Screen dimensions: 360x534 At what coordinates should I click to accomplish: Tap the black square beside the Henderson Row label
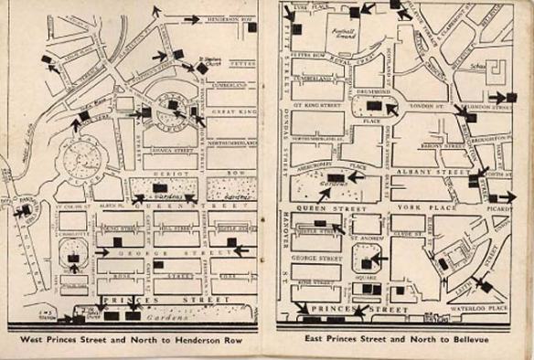coord(251,28)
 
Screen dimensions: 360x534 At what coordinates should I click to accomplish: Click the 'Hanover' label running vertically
coord(283,248)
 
